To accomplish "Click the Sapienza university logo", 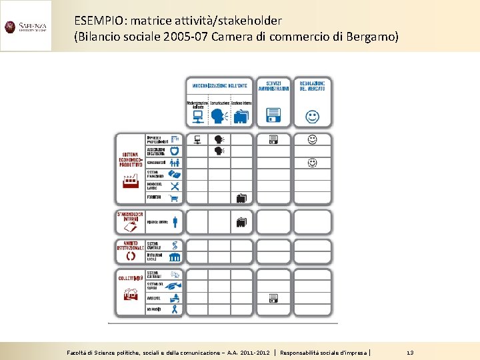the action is (26, 27).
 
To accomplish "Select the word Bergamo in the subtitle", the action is (372, 36).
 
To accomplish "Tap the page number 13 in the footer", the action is (409, 352).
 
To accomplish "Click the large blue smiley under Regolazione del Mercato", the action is (312, 117).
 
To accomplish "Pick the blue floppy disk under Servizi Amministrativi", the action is (273, 117).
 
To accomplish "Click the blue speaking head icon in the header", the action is (217, 117).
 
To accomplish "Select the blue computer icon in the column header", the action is (198, 117).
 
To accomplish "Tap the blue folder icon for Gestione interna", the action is (241, 117).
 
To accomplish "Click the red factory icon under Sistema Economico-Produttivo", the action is (130, 181).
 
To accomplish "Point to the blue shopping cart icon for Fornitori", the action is (175, 198).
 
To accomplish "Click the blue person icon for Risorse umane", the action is (175, 221).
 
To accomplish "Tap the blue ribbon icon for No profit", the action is (175, 309).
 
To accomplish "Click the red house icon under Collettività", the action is (130, 294).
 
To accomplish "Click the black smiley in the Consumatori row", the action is (312, 162).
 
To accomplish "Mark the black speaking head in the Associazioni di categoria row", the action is (218, 151).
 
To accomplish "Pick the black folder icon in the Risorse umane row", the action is (241, 221).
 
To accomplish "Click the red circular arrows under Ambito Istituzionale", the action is (130, 255).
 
